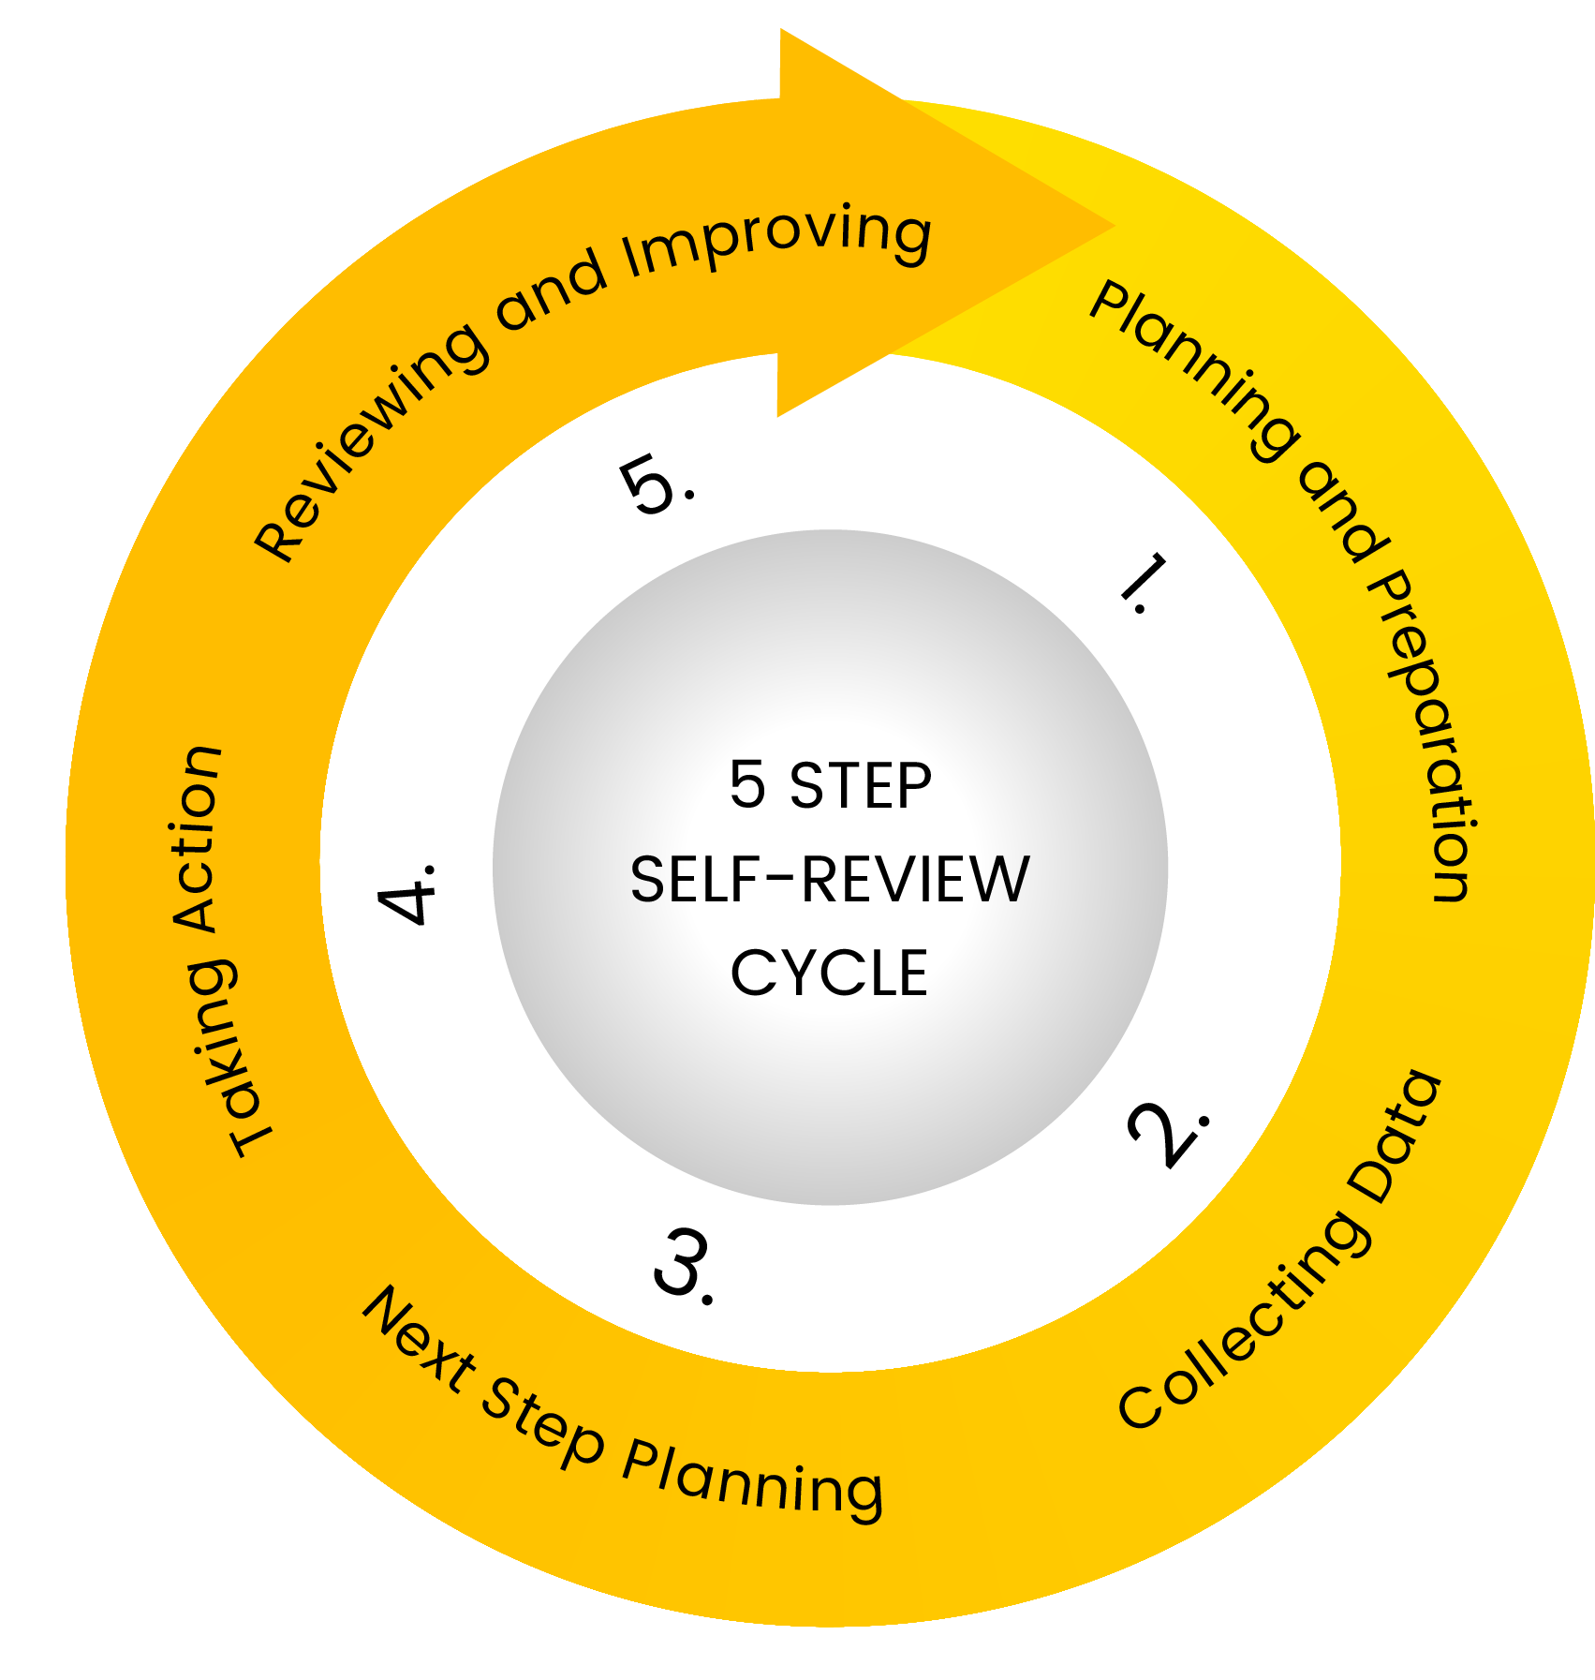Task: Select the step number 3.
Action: (683, 1264)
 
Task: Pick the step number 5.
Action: (653, 484)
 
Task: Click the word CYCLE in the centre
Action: (828, 974)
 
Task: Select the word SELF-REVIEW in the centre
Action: (829, 880)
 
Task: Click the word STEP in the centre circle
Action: (860, 785)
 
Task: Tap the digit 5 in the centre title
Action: (746, 784)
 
